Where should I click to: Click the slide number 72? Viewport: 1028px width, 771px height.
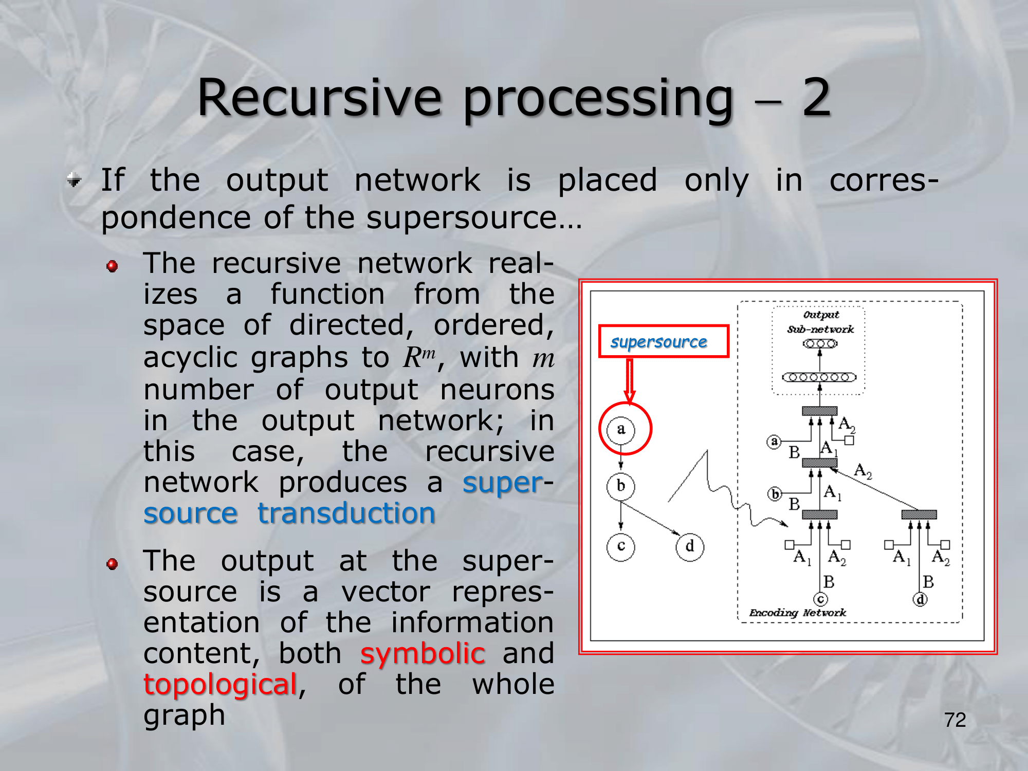(954, 720)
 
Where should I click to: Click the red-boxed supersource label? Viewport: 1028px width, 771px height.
(663, 341)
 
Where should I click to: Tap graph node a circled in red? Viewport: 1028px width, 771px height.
(621, 429)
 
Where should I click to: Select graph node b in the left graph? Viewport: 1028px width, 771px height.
(620, 486)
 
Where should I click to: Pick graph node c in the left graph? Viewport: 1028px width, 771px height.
(620, 546)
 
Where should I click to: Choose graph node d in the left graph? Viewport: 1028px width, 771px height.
(689, 546)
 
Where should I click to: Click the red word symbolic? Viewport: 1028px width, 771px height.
(423, 653)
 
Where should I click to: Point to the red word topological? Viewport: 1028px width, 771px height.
(220, 684)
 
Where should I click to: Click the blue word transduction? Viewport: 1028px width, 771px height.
(346, 513)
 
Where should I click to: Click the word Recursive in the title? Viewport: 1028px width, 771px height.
(319, 98)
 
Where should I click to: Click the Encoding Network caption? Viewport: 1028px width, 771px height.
(797, 613)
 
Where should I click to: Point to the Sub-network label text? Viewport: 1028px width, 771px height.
(820, 329)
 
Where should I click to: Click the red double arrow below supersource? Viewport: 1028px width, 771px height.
(630, 380)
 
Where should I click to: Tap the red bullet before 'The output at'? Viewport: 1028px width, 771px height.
(112, 564)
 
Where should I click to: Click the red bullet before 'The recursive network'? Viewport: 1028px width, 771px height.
(112, 266)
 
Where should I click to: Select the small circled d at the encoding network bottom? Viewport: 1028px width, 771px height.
(920, 599)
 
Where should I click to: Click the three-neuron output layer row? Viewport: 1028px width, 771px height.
(820, 343)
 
